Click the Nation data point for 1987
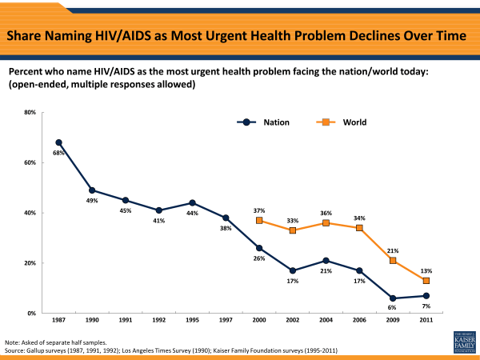(x=58, y=142)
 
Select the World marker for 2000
(x=259, y=220)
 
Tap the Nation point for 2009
(x=393, y=298)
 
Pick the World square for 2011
(x=426, y=280)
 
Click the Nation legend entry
(x=264, y=122)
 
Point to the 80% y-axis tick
(x=30, y=112)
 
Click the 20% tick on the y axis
(x=30, y=263)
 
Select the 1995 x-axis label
(x=192, y=322)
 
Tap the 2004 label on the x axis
(x=326, y=322)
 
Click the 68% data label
(x=58, y=153)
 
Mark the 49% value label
(x=92, y=201)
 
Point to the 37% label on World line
(x=259, y=210)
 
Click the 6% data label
(x=393, y=308)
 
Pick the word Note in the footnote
(x=12, y=342)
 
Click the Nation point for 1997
(x=226, y=218)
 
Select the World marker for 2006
(x=359, y=228)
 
